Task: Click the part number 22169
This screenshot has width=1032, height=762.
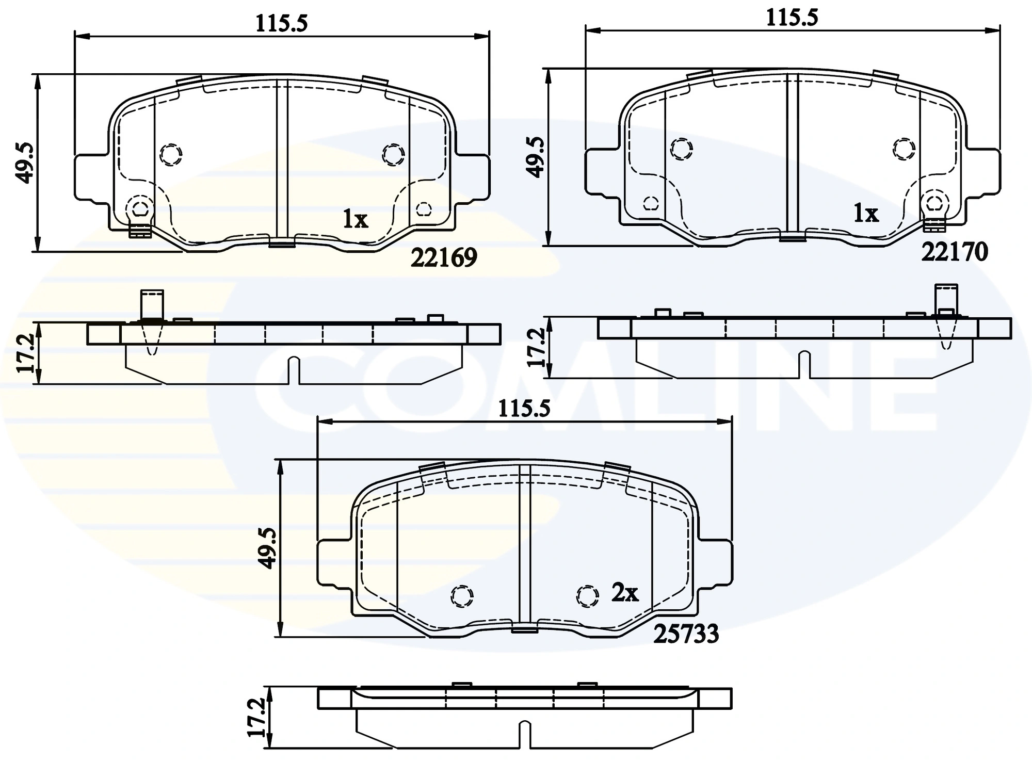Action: pyautogui.click(x=444, y=257)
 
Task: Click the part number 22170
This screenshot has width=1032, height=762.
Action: pyautogui.click(x=954, y=252)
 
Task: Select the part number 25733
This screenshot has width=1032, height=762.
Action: pyautogui.click(x=686, y=634)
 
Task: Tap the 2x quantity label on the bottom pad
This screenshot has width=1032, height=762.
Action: pyautogui.click(x=625, y=593)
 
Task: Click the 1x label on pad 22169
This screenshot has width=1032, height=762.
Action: pyautogui.click(x=355, y=220)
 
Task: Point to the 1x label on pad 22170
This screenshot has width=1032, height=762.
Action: pyautogui.click(x=865, y=213)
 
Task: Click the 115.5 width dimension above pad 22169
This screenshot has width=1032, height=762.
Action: pyautogui.click(x=282, y=23)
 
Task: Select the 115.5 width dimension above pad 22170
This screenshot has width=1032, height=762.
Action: pyautogui.click(x=792, y=18)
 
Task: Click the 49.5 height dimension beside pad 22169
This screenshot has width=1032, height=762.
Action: pyautogui.click(x=25, y=163)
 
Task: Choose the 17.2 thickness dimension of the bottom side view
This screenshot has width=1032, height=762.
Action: pyautogui.click(x=256, y=718)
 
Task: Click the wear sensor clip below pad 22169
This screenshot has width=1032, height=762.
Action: pyautogui.click(x=139, y=232)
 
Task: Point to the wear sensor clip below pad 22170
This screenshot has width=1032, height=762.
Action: pyautogui.click(x=934, y=225)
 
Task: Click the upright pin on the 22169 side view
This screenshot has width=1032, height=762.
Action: pyautogui.click(x=152, y=305)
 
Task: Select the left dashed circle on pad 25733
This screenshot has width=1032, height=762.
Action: pyautogui.click(x=462, y=596)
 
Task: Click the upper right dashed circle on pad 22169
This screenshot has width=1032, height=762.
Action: pyautogui.click(x=393, y=154)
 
